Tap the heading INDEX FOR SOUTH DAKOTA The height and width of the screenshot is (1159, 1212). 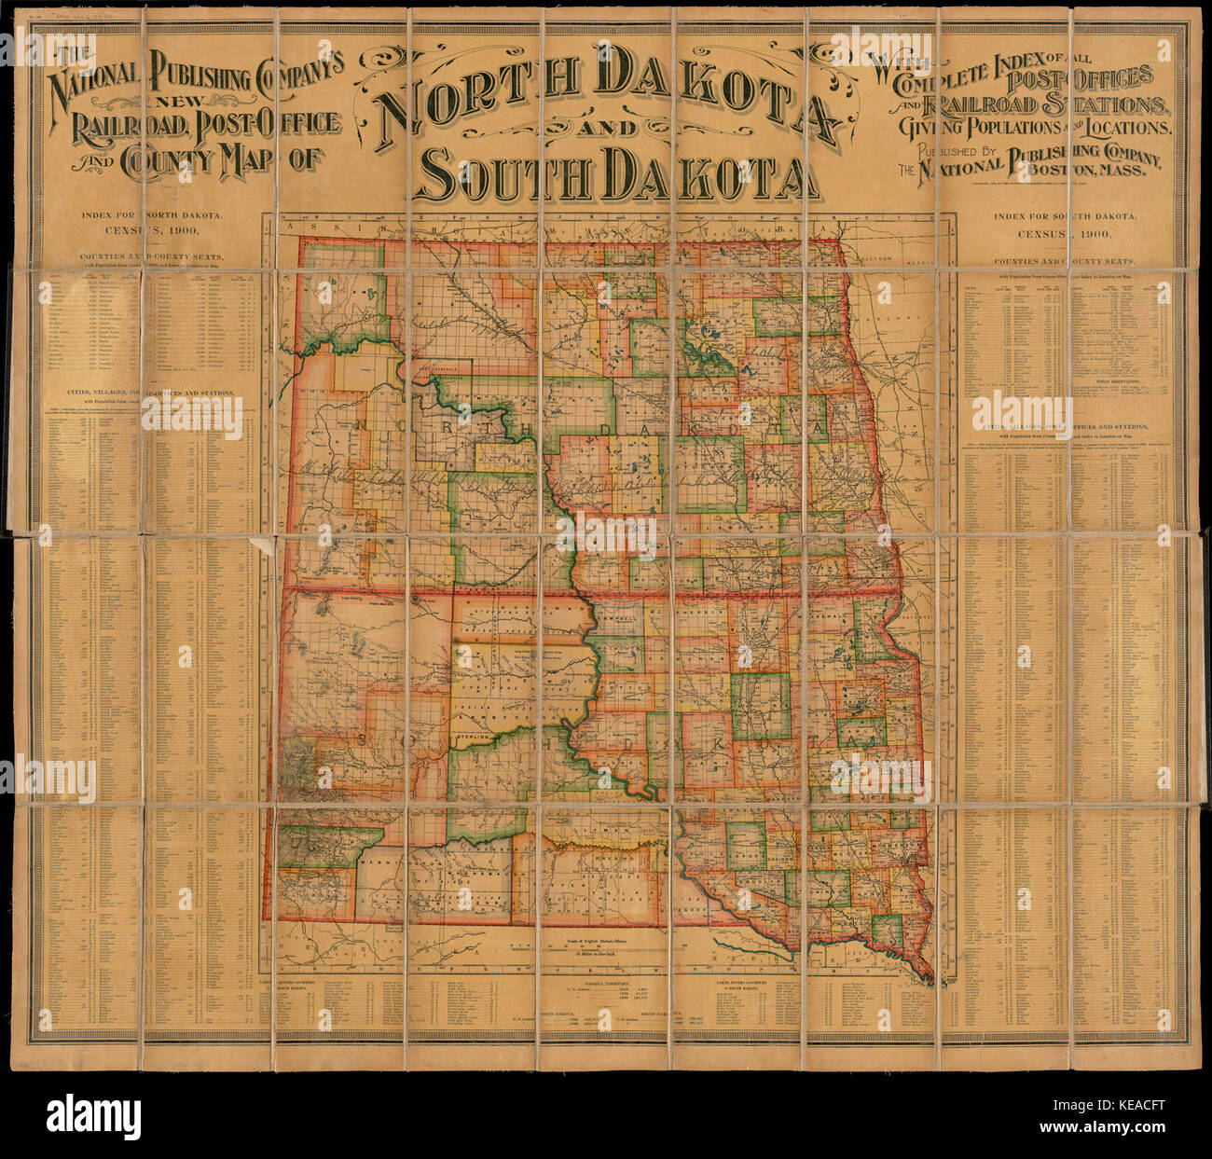pos(1065,216)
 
